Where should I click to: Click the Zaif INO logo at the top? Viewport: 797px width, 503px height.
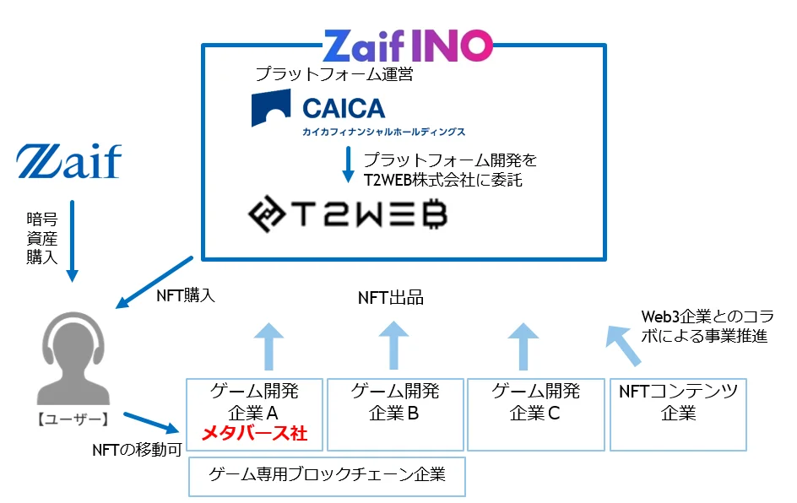[407, 45]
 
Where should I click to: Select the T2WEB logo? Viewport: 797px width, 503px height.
[347, 215]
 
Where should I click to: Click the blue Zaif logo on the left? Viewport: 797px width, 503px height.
[68, 162]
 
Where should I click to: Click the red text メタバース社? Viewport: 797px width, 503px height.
[253, 435]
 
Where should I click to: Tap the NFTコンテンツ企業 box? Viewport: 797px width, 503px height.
[678, 414]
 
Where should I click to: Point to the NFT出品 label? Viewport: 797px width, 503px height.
[390, 297]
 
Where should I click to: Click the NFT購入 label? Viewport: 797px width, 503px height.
[187, 295]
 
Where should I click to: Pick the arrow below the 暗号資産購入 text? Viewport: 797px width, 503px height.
[73, 241]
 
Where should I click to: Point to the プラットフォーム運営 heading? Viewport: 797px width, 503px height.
[334, 74]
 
